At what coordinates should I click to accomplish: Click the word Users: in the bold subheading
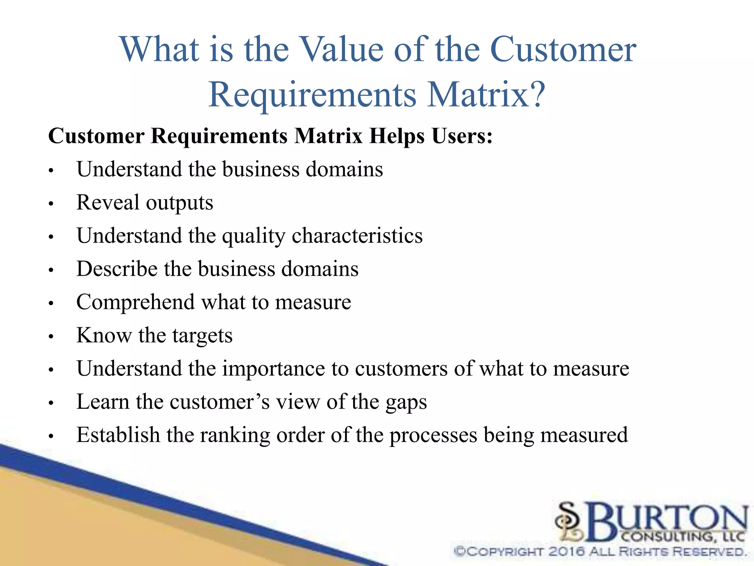[462, 136]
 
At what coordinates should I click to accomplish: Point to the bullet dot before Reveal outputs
[51, 203]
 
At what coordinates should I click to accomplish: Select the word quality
[254, 237]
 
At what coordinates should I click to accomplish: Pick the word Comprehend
[135, 303]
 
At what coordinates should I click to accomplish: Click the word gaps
[406, 403]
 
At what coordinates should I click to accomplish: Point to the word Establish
[118, 435]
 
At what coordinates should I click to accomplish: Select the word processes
[433, 436]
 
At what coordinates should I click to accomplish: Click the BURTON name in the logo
[666, 520]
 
